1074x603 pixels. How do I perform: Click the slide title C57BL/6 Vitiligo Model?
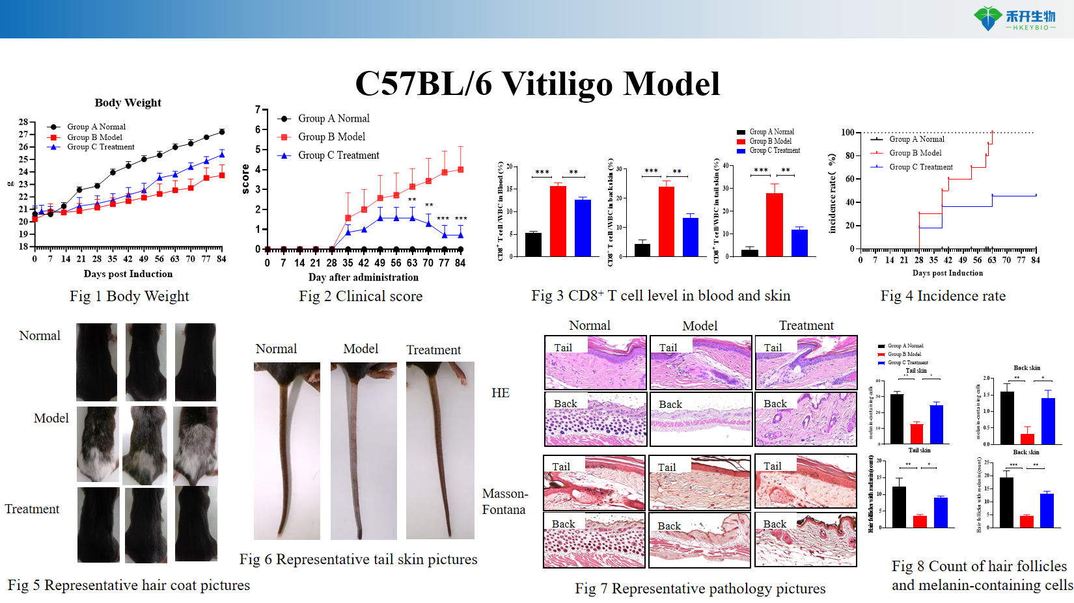(537, 83)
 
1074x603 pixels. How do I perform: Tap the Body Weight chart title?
(128, 103)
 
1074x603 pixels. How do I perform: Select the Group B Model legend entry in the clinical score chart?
(331, 137)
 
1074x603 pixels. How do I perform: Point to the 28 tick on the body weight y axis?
(23, 122)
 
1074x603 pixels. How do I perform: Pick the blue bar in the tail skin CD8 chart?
(799, 242)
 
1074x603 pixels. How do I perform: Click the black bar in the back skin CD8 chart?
(642, 249)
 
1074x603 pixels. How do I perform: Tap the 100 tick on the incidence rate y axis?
(847, 133)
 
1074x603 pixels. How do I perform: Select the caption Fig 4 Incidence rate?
(943, 296)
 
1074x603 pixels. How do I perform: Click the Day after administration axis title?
(363, 277)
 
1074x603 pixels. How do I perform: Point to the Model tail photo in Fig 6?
(363, 450)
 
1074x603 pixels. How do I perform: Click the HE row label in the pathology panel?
(500, 393)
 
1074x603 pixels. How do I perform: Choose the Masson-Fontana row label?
(504, 502)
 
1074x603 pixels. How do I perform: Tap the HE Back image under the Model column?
(700, 418)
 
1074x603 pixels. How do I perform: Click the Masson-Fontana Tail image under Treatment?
(806, 481)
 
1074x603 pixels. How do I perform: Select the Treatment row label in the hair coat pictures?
(32, 509)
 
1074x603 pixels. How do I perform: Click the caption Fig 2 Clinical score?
(361, 297)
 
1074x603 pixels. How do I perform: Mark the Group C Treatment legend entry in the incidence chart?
(920, 167)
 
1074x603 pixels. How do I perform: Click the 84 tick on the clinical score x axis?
(460, 263)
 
